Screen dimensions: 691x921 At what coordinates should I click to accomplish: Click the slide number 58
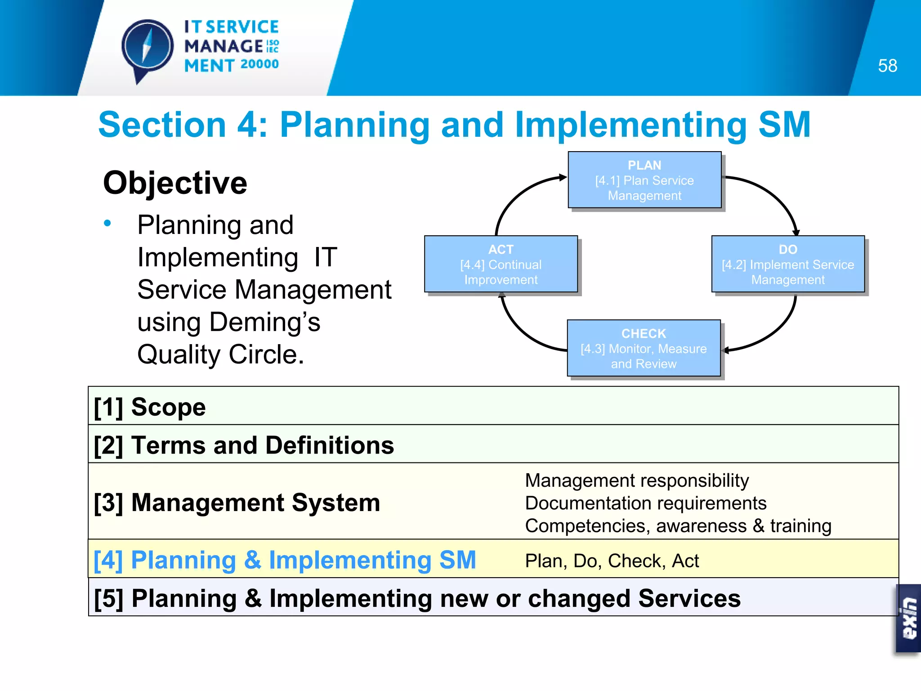(887, 66)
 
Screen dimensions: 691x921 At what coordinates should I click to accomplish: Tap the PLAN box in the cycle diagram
(644, 180)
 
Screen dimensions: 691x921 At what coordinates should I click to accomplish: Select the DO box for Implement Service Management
(788, 264)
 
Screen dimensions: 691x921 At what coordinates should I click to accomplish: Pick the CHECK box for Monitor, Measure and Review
(644, 348)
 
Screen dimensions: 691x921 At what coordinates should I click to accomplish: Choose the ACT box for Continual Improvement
(501, 264)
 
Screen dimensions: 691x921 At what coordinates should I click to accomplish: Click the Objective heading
(175, 183)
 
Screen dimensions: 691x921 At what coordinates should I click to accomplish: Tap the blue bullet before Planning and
(107, 223)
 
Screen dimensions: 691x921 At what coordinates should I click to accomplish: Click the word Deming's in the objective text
(265, 322)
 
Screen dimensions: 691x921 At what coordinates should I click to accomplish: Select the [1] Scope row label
(150, 407)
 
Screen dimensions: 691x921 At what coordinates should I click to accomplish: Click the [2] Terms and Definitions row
(244, 445)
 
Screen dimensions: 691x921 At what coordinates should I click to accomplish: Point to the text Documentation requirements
(645, 503)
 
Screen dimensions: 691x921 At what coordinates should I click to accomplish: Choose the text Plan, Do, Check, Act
(612, 561)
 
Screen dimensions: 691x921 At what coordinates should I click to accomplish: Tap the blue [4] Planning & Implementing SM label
(285, 560)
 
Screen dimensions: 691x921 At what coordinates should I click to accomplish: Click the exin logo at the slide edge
(908, 619)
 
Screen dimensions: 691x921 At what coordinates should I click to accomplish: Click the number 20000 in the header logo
(259, 64)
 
